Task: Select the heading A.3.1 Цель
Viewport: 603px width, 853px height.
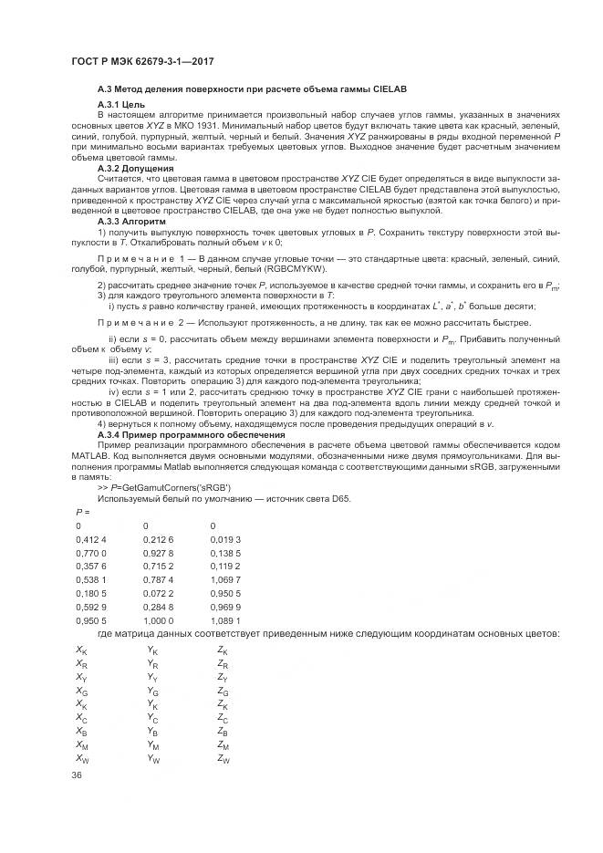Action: click(x=122, y=104)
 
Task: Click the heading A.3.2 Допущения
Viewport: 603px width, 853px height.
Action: click(x=136, y=169)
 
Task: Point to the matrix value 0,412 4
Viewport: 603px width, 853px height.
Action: click(x=91, y=539)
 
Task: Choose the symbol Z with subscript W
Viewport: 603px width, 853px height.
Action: click(x=224, y=759)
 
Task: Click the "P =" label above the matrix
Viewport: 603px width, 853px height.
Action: click(x=82, y=513)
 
